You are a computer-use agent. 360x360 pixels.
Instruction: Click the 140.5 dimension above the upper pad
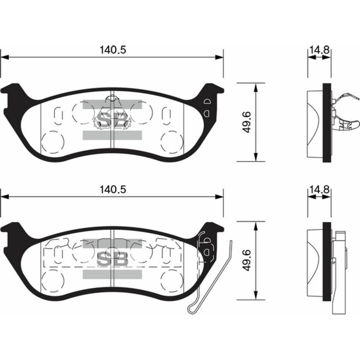112,50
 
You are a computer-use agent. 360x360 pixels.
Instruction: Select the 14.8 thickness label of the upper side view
319,50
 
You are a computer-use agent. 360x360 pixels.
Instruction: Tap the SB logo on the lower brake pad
112,259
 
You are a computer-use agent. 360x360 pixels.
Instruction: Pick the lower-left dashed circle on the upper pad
52,141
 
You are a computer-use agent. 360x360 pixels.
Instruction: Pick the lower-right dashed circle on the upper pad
171,141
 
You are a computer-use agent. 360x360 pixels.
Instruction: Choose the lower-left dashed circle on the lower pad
52,280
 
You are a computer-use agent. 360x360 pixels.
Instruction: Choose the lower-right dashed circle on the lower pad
171,280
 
